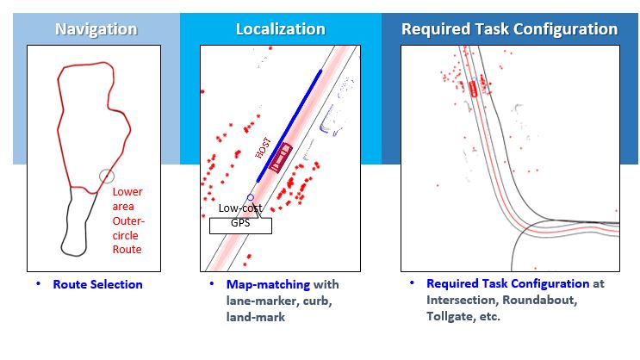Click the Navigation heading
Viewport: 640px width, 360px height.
click(96, 29)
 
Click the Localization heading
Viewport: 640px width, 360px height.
click(281, 29)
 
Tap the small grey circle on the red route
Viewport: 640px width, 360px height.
click(107, 177)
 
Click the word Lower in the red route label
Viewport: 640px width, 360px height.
click(127, 192)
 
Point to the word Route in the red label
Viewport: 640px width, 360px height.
click(127, 250)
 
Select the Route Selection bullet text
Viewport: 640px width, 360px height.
click(97, 284)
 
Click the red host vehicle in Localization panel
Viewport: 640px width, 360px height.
click(281, 157)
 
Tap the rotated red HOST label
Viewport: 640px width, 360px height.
click(263, 148)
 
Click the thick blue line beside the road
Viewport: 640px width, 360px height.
click(289, 126)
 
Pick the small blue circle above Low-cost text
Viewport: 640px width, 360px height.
click(251, 197)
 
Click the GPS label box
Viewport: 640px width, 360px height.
click(240, 226)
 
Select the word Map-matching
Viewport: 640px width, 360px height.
click(268, 284)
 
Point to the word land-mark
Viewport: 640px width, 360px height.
click(256, 317)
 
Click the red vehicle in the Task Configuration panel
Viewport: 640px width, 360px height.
click(473, 89)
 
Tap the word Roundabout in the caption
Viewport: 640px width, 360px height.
click(539, 300)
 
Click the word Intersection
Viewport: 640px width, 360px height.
click(462, 300)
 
